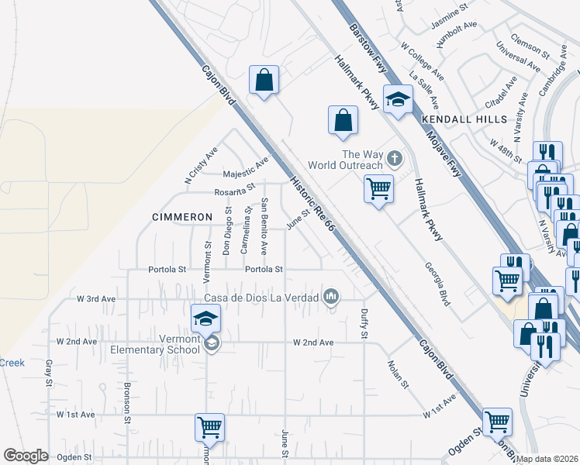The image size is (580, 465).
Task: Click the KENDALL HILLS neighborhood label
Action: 464,119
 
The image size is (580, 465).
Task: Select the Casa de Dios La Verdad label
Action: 261,298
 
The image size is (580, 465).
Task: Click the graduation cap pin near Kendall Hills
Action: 398,99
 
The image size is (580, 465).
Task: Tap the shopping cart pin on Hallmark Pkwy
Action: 378,187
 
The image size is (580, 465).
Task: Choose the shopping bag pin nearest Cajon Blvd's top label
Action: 264,80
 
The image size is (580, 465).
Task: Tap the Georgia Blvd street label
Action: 437,284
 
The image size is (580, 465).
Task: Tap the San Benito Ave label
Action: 264,226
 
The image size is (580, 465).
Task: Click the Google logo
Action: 26,456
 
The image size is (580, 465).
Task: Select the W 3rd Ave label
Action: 95,298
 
